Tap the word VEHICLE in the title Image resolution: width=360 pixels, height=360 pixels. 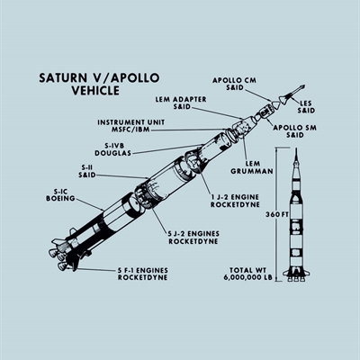(95, 90)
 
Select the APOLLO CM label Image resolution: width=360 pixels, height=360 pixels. (235, 80)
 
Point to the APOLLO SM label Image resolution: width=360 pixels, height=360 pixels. (294, 128)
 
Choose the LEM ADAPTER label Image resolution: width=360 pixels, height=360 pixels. (181, 99)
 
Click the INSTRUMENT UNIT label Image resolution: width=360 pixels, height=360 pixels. (130, 122)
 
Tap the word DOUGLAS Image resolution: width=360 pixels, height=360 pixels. (113, 153)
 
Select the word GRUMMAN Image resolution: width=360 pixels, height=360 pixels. (252, 171)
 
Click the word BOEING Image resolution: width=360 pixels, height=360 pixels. (60, 198)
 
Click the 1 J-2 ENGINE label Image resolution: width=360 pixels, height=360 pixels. (235, 197)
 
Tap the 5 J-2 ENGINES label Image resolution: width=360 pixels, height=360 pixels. (193, 234)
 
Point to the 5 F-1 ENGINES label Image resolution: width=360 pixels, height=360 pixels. (142, 271)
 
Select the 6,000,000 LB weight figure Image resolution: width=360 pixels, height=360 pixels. (247, 278)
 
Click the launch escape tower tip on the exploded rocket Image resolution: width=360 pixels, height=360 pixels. (303, 86)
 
